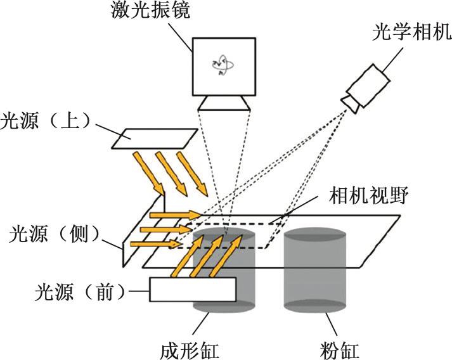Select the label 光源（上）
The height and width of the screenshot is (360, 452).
pyautogui.click(x=49, y=120)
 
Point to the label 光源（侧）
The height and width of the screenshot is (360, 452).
pyautogui.click(x=49, y=235)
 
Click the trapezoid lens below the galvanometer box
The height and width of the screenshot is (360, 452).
pyautogui.click(x=224, y=103)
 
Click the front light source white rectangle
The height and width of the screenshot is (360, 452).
pyautogui.click(x=193, y=290)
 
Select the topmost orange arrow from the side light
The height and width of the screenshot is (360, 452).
pyautogui.click(x=178, y=215)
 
